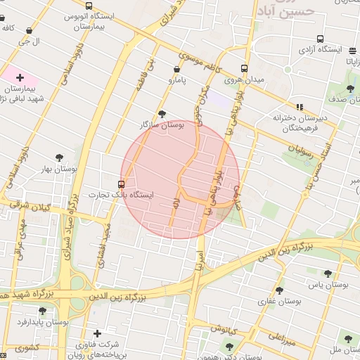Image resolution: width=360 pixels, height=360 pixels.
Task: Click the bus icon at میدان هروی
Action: point(244,69)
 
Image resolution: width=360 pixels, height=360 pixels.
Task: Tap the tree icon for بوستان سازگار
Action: point(162,113)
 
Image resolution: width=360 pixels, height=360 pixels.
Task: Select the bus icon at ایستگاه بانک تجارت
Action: point(122,184)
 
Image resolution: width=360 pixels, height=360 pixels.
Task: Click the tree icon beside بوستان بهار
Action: point(59,158)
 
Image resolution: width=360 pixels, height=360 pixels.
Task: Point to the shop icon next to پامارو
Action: point(176,69)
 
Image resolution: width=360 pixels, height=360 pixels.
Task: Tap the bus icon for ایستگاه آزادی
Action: point(321,39)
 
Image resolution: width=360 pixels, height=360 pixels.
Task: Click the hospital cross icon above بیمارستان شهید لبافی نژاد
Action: point(20,77)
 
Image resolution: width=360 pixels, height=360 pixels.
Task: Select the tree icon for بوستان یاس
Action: point(328,274)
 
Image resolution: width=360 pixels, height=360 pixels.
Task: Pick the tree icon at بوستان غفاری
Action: point(280,290)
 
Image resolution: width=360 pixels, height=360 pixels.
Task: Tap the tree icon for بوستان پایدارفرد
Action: point(42,310)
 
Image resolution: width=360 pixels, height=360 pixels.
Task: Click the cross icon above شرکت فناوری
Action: point(97,333)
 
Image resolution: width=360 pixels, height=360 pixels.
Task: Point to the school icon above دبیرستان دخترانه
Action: point(300,108)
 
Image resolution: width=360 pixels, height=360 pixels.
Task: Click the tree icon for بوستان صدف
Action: point(350,88)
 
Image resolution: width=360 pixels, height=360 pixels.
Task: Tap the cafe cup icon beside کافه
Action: point(29,31)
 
